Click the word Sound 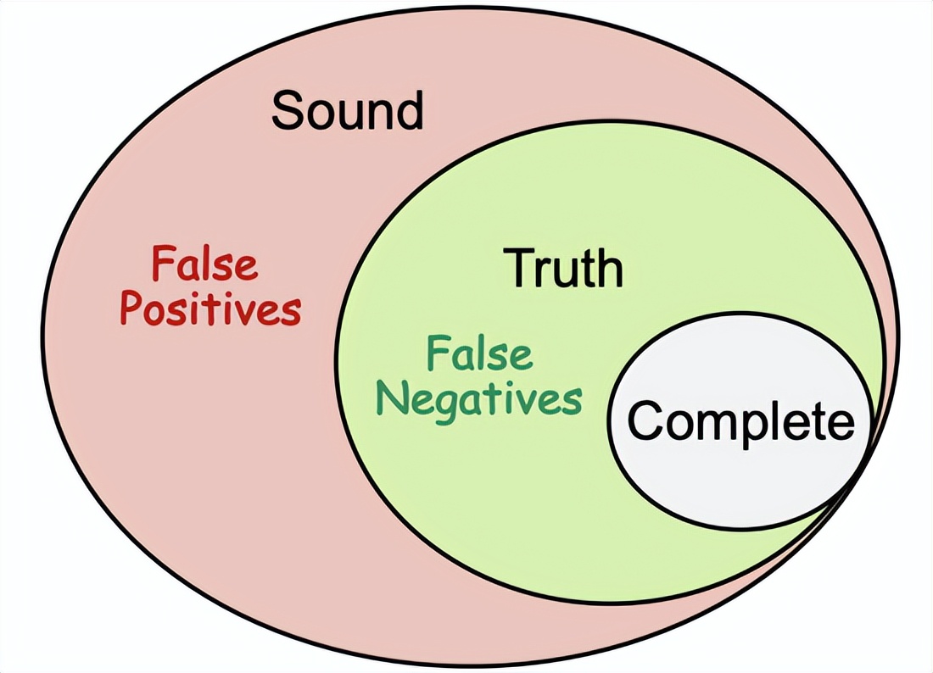click(347, 111)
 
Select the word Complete click(741, 420)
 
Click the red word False click(204, 264)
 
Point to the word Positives click(210, 311)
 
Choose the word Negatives click(479, 398)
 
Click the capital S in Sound click(287, 111)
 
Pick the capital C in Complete click(645, 420)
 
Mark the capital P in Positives click(131, 309)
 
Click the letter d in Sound click(409, 111)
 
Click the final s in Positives click(290, 312)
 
